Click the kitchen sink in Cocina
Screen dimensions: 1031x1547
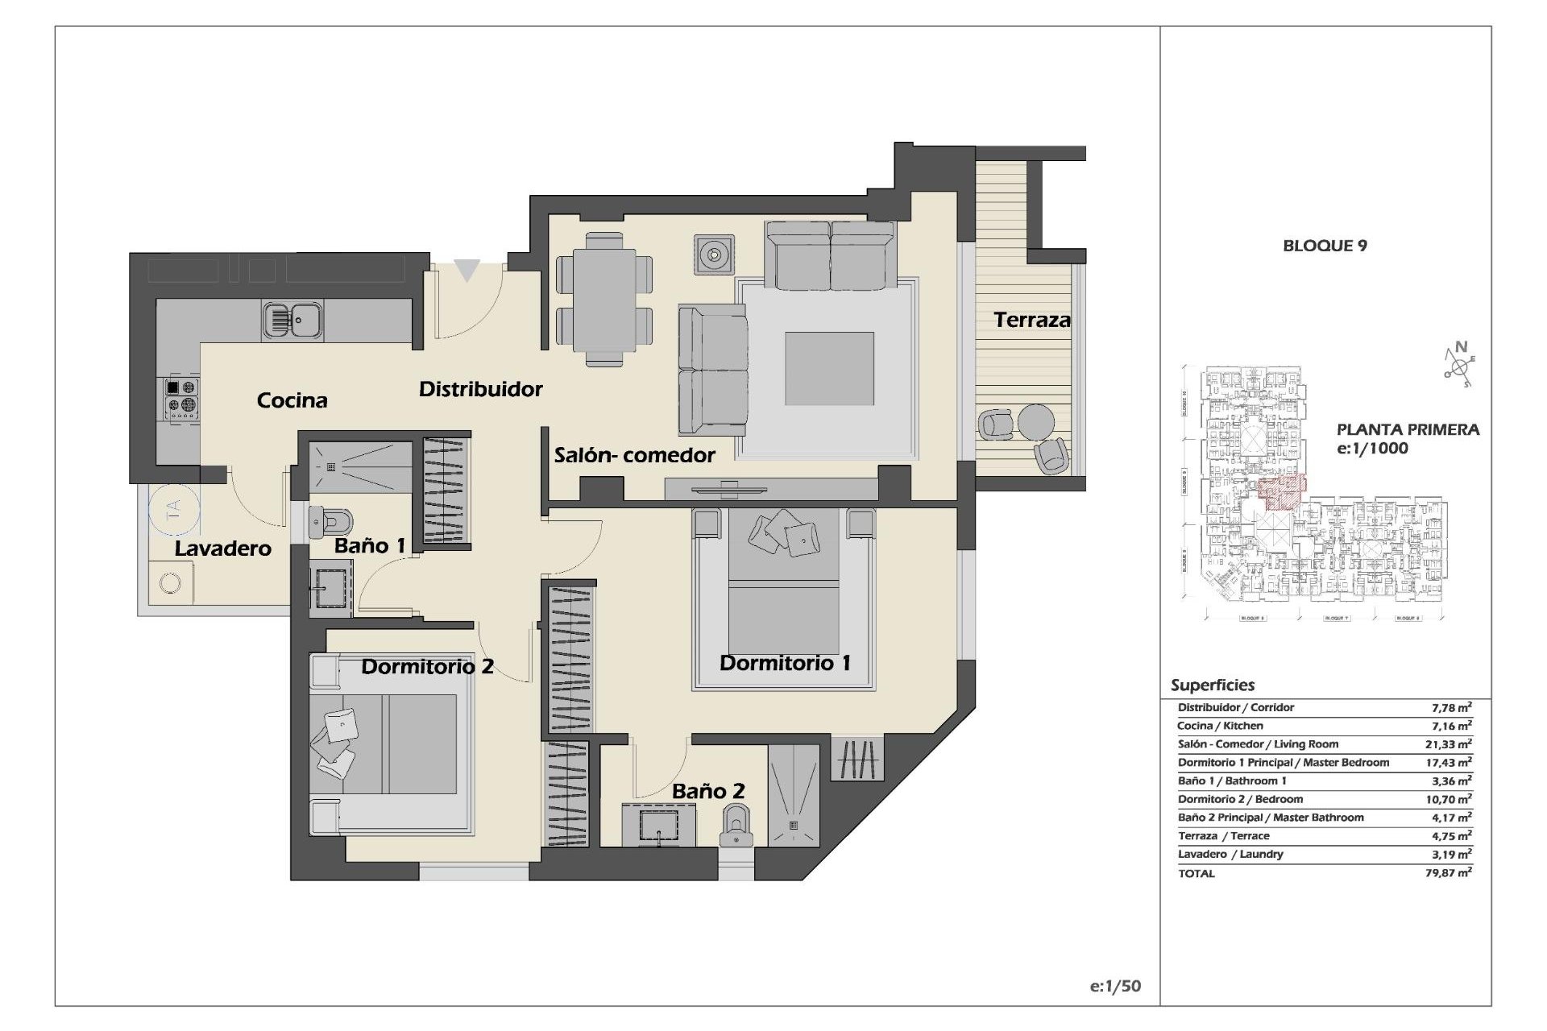click(x=292, y=320)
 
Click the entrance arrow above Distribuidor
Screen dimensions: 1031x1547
click(x=467, y=270)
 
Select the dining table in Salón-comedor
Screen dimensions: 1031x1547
click(x=604, y=299)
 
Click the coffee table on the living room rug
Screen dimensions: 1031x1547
click(x=829, y=368)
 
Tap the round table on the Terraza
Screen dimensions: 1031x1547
click(x=1035, y=420)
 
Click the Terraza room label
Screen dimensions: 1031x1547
click(x=1032, y=320)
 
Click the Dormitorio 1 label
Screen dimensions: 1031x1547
click(x=785, y=663)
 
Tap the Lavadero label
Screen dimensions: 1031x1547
click(x=223, y=549)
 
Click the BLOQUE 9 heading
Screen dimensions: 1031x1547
click(x=1325, y=246)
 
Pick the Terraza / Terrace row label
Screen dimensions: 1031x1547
click(x=1223, y=836)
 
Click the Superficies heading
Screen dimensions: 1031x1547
click(x=1213, y=685)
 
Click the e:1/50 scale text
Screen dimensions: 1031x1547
click(x=1115, y=986)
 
